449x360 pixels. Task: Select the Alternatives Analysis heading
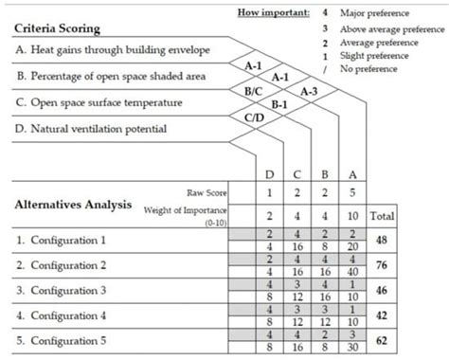click(71, 204)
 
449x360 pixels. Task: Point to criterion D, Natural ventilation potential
click(91, 128)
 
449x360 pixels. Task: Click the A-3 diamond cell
click(309, 91)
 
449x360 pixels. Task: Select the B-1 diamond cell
click(281, 104)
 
